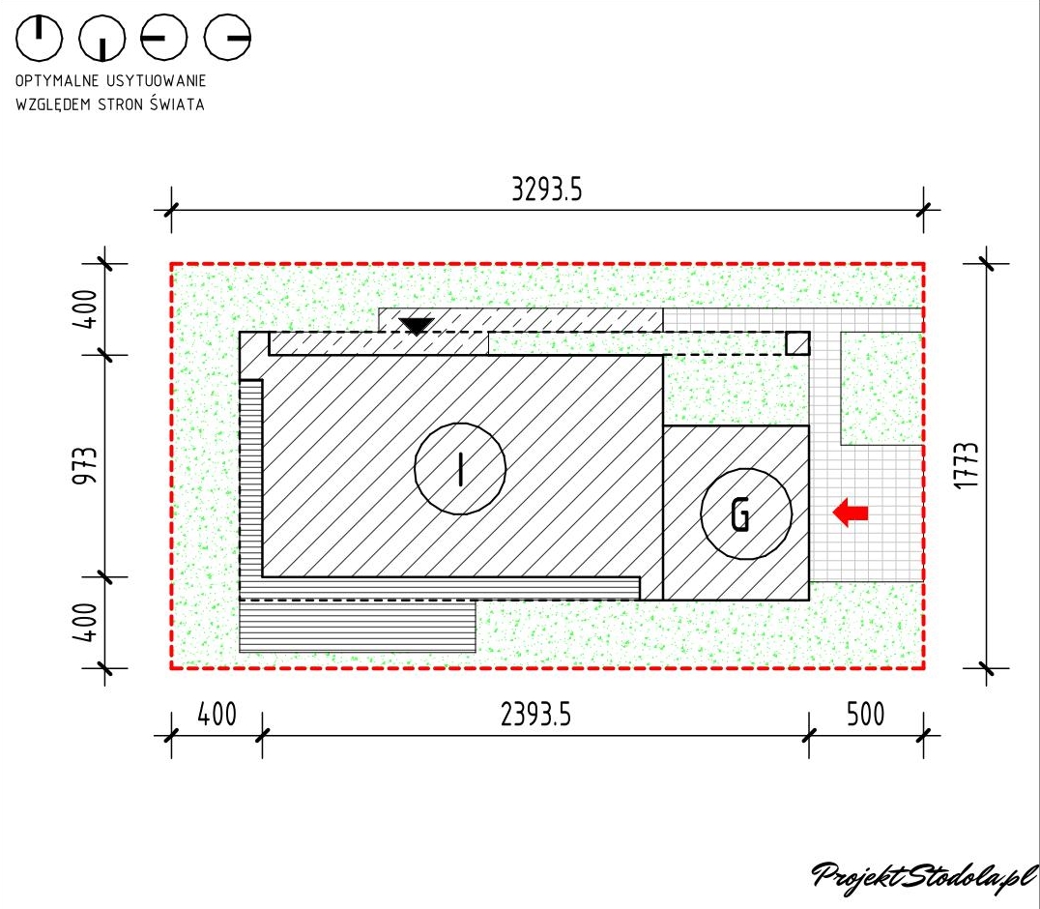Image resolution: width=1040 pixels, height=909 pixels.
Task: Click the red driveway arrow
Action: tap(850, 513)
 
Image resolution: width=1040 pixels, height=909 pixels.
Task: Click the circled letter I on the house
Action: tap(460, 468)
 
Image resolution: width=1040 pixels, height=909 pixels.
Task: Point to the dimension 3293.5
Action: tap(546, 190)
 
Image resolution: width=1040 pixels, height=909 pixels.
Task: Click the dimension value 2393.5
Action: tap(535, 715)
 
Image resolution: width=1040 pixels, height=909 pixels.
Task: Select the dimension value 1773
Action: tap(968, 466)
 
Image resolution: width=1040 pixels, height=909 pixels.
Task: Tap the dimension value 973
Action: tap(85, 466)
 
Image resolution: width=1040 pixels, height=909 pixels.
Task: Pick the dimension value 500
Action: tap(866, 715)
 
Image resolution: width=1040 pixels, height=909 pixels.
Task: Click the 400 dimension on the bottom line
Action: tap(217, 715)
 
